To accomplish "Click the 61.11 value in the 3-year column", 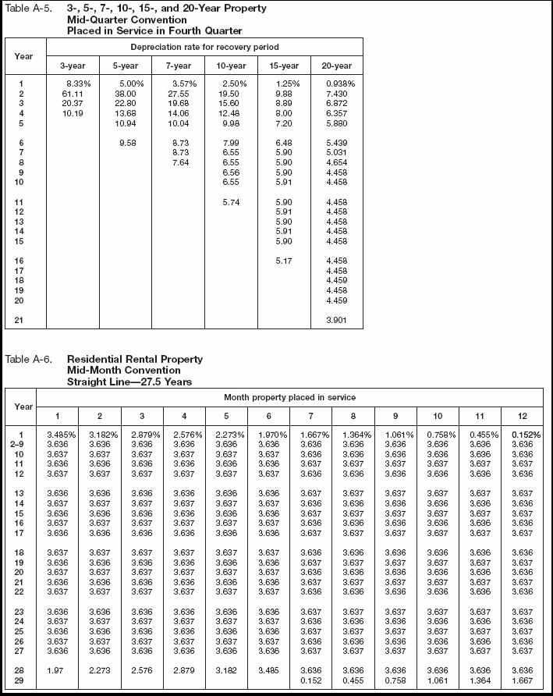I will point(72,93).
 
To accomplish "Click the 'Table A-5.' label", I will point(27,8).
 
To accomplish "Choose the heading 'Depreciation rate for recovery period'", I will point(205,48).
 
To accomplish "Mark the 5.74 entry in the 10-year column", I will point(231,203).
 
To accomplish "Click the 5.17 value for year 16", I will point(284,261).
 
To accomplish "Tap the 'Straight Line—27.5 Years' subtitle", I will point(129,382).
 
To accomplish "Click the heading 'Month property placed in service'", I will point(289,398).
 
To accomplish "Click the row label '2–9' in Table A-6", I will point(24,443).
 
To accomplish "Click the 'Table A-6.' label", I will point(28,359).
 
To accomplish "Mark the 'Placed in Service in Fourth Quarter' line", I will point(154,30).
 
